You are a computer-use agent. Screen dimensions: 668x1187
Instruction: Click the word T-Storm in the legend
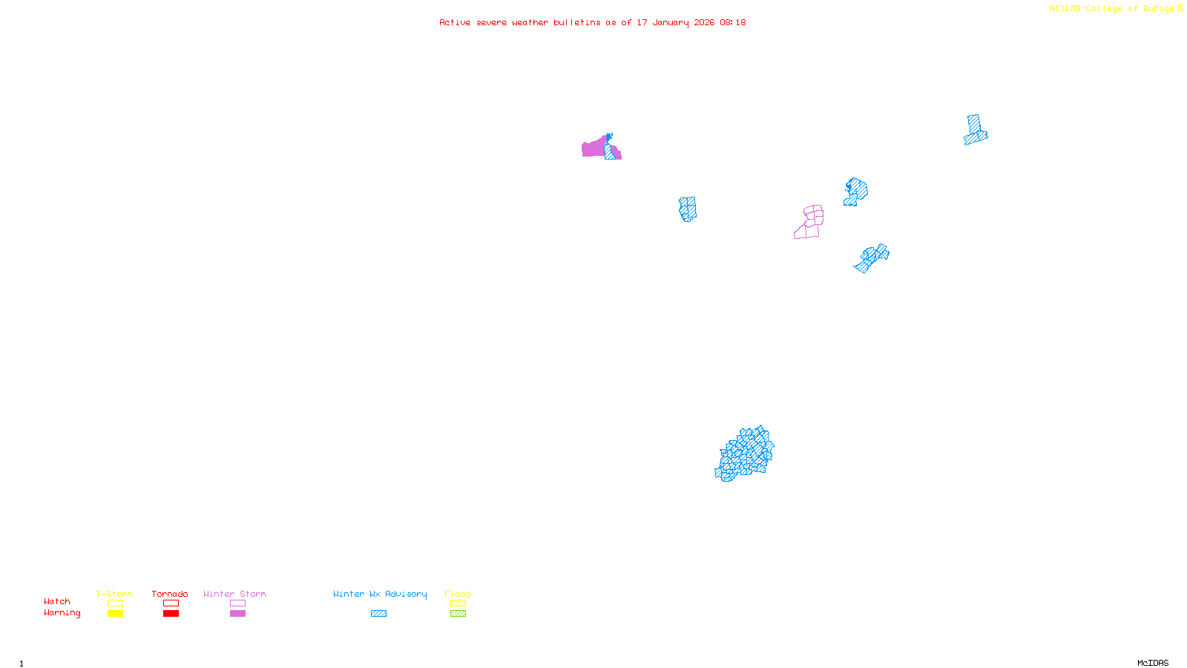114,594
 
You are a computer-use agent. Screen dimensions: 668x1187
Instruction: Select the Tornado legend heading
170,594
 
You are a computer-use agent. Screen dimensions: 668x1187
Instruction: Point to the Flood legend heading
458,594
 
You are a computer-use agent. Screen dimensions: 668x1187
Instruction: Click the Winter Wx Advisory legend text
380,594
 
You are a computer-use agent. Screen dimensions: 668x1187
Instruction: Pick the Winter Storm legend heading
234,594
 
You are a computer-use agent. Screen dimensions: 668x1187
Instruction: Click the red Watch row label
57,601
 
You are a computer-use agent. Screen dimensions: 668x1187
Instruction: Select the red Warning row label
62,613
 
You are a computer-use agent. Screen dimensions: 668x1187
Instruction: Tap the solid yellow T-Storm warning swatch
115,614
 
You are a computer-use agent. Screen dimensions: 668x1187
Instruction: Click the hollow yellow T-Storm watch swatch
115,603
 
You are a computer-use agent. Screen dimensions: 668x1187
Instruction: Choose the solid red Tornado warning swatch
171,614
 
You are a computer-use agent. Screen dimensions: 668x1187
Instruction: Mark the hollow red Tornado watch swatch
171,603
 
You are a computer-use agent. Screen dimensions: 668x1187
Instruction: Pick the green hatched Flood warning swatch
458,614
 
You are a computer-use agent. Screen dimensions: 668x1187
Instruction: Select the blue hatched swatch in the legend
378,614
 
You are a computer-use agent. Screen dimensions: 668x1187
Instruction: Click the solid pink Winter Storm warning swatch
237,614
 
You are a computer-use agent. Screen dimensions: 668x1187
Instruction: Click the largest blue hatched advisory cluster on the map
745,453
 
